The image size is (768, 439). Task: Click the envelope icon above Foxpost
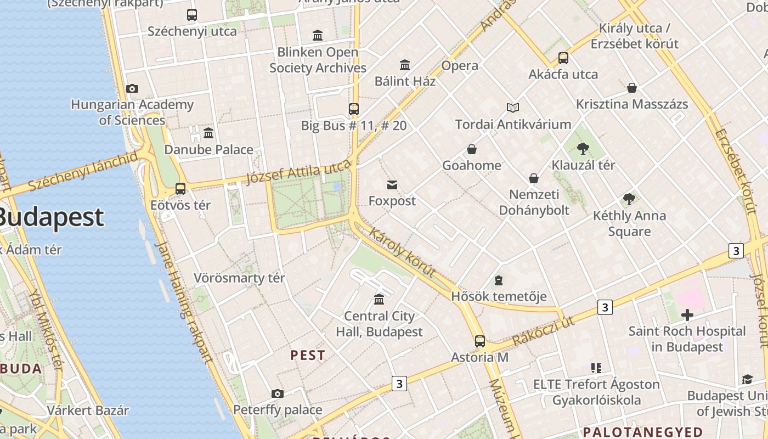click(x=392, y=185)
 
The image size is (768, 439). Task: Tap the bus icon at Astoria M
click(x=480, y=341)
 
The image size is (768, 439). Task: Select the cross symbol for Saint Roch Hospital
click(x=687, y=315)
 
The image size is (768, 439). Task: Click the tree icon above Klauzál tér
click(x=583, y=148)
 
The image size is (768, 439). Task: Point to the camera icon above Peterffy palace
click(x=278, y=393)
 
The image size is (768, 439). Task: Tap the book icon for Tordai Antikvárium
click(x=513, y=108)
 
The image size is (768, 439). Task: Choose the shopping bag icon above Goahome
click(x=472, y=149)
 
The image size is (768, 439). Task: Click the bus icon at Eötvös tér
click(x=180, y=189)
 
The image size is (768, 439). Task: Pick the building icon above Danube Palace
click(x=208, y=133)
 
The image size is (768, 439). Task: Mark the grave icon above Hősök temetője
click(x=499, y=281)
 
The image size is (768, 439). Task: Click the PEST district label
click(x=308, y=355)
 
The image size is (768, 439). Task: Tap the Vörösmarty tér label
click(x=239, y=278)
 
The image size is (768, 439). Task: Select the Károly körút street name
click(x=402, y=252)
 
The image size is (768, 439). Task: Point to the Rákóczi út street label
click(x=544, y=331)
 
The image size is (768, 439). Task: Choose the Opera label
click(x=460, y=66)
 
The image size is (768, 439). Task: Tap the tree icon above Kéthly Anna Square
click(x=629, y=199)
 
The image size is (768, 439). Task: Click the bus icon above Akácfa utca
click(x=563, y=58)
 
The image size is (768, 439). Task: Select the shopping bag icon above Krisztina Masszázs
click(x=632, y=88)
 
